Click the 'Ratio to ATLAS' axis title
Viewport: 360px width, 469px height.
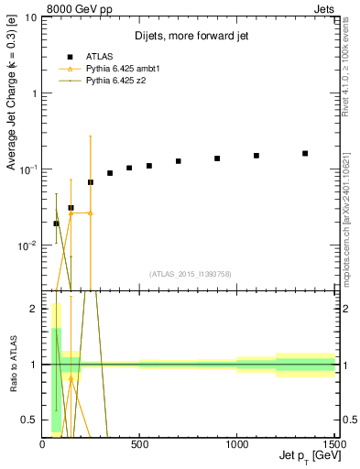click(12, 365)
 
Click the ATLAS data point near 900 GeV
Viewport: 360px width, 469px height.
click(217, 158)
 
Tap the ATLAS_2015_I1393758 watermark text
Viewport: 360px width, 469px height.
click(191, 274)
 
